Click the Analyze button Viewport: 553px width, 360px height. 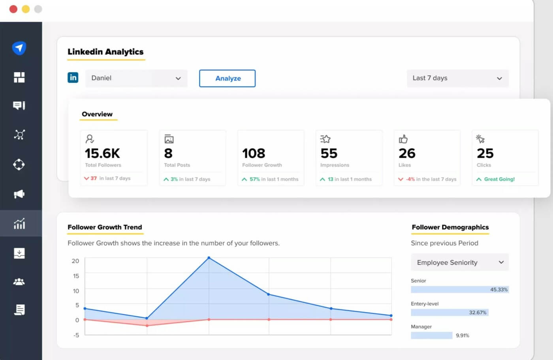coord(227,78)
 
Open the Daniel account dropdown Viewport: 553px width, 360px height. coord(136,78)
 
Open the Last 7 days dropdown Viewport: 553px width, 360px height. coord(457,78)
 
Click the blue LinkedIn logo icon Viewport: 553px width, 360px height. coord(73,77)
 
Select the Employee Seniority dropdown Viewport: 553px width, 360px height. coord(460,262)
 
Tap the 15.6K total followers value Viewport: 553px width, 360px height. coord(102,153)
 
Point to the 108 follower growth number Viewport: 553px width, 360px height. coord(254,153)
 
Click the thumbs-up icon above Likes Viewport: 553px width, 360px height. coord(403,139)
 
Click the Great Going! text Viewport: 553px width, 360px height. coord(499,179)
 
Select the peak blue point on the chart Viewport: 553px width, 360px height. coord(209,258)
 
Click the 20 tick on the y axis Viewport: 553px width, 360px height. coord(75,261)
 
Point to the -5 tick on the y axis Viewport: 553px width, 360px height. coord(76,335)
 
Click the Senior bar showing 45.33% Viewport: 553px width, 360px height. coord(459,289)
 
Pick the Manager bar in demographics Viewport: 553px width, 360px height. coord(431,336)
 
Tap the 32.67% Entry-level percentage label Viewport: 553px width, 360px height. coord(478,312)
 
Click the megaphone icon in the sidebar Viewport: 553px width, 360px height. coord(19,194)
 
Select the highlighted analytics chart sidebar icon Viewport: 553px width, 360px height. coord(19,223)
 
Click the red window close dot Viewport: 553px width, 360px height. coord(13,9)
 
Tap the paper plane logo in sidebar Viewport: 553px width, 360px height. coord(19,48)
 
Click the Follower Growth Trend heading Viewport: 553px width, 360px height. coord(105,227)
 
